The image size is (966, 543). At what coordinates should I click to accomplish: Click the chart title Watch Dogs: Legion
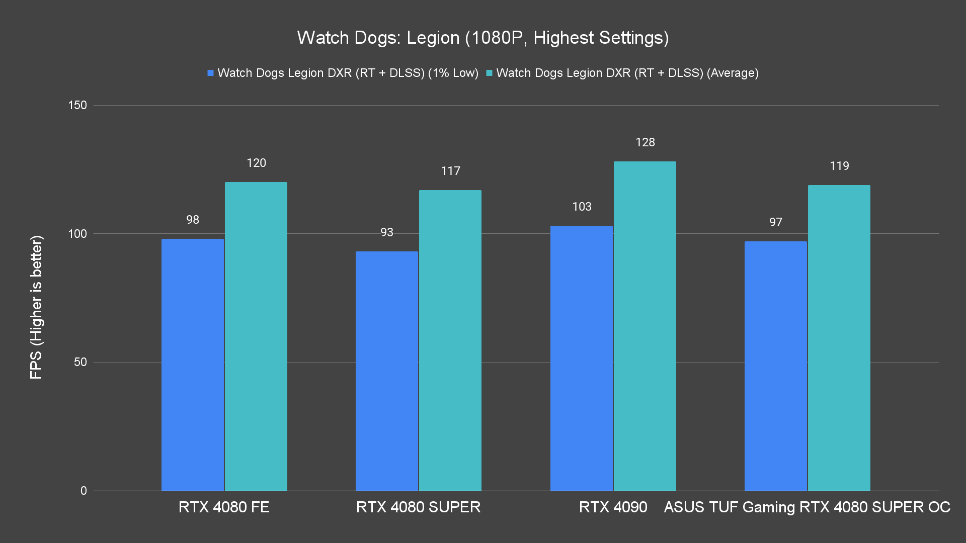pos(482,38)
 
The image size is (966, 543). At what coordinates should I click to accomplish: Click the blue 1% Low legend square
pos(210,73)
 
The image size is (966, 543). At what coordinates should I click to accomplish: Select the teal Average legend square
pos(489,73)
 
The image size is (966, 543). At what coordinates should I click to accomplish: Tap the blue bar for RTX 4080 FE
pos(192,365)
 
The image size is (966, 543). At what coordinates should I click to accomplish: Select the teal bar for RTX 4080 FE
pos(256,336)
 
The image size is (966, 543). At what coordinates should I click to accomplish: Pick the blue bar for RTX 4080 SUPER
pos(386,371)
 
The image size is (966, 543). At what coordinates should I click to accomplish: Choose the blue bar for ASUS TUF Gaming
pos(775,366)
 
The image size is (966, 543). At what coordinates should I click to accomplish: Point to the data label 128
pos(645,142)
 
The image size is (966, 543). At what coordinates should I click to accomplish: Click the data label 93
pos(386,232)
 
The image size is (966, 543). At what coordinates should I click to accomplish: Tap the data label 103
pos(582,207)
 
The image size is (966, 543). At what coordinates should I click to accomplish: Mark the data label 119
pos(839,166)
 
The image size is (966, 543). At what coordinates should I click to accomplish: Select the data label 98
pos(192,220)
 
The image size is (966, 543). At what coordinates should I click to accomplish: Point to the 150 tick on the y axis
pos(77,105)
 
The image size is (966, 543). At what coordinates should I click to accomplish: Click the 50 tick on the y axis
pos(80,362)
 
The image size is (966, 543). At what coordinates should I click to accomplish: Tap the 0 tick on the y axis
pos(84,491)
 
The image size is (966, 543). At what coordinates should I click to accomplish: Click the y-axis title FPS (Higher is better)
pos(37,307)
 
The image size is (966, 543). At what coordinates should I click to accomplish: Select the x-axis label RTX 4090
pos(613,507)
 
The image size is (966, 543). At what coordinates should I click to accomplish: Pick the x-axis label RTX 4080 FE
pos(224,507)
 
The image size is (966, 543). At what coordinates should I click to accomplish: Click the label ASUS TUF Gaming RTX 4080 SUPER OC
pos(807,507)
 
